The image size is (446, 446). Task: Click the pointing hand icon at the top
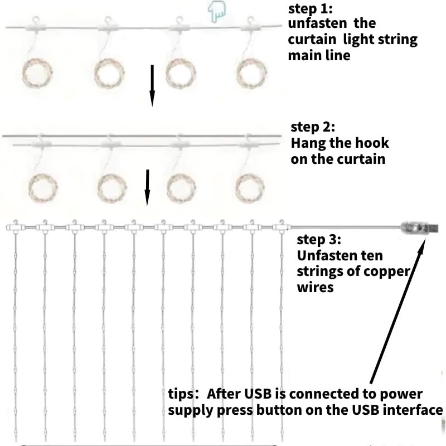(216, 12)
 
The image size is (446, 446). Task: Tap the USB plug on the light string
(419, 228)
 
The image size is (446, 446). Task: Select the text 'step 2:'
(313, 128)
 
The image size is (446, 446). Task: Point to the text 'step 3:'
(318, 240)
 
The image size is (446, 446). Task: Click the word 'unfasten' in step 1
(316, 25)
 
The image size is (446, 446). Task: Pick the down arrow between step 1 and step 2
(152, 84)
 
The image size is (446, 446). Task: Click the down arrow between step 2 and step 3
(148, 187)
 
